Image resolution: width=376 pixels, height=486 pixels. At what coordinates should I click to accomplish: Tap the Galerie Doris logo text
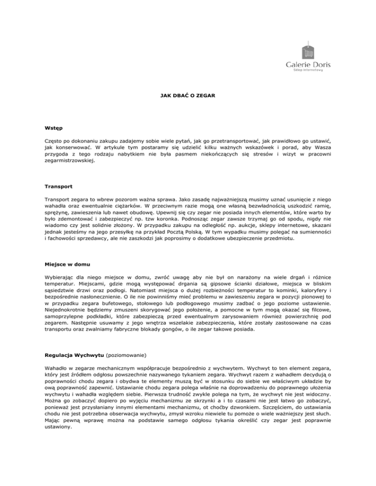click(308, 65)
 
